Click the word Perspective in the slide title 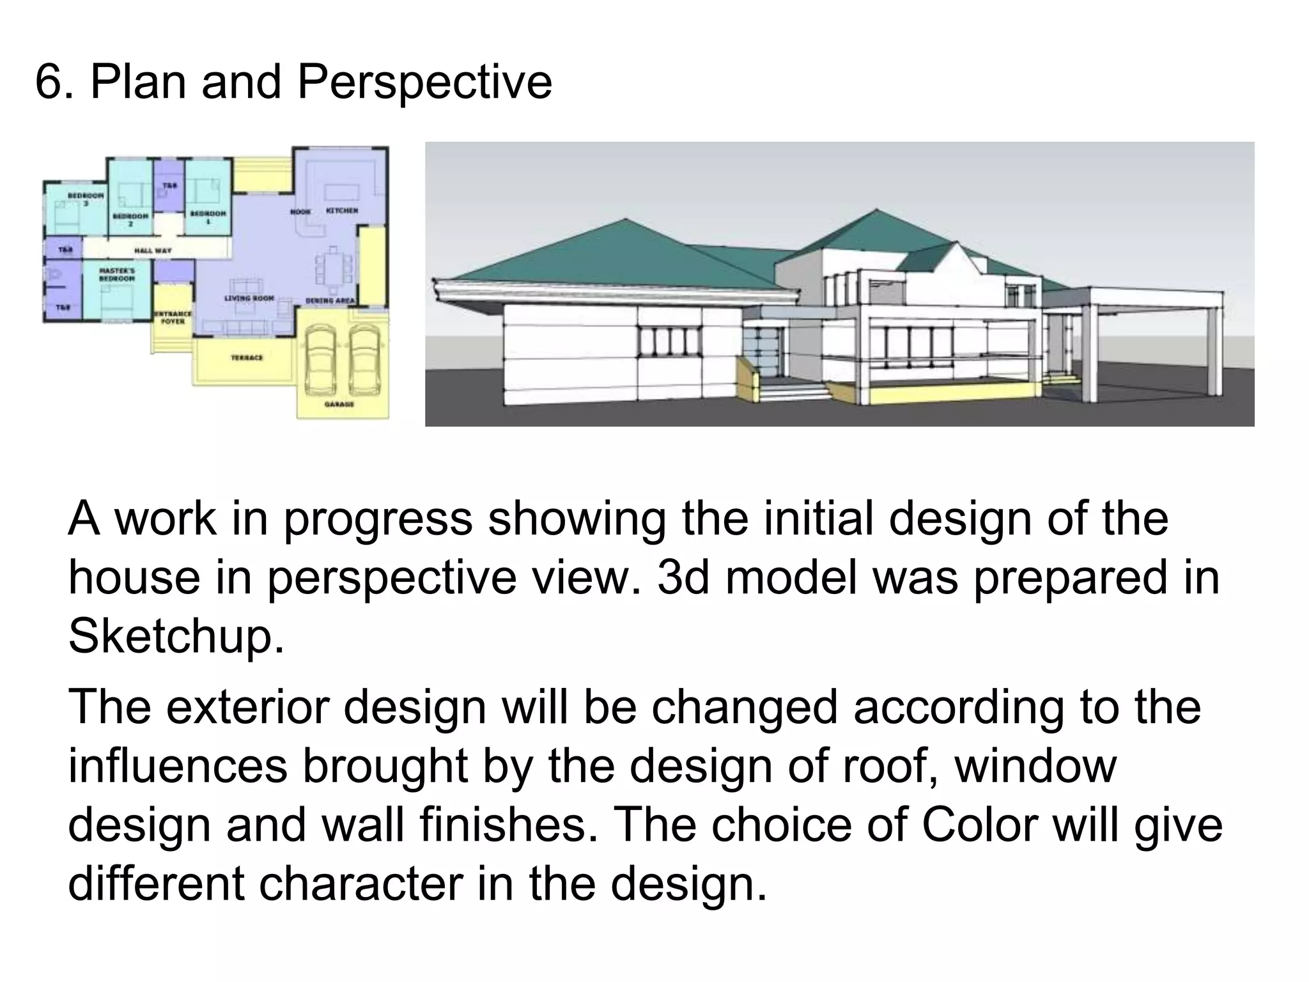point(424,83)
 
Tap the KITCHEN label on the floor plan point(342,210)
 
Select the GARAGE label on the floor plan point(339,404)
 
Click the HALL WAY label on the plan point(153,250)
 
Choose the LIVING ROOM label point(249,298)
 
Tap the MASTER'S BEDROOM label point(117,275)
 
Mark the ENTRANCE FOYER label point(173,317)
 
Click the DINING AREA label point(330,300)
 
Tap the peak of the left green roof point(626,219)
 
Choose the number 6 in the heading point(49,83)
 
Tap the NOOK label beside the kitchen point(300,212)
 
